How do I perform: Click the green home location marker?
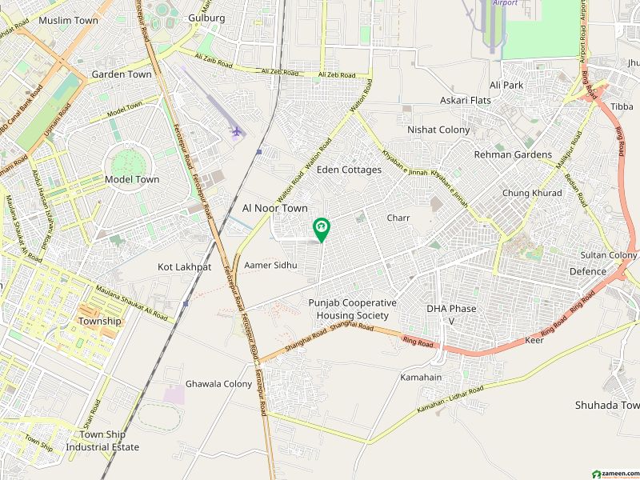click(x=322, y=230)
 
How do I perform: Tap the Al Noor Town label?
click(x=274, y=208)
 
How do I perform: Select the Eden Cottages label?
click(x=349, y=170)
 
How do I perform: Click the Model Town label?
click(x=132, y=180)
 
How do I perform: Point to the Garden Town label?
click(x=122, y=74)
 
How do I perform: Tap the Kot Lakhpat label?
click(x=184, y=267)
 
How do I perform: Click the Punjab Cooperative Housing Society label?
click(x=353, y=309)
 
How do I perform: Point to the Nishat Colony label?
click(x=438, y=130)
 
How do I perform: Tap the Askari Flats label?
click(x=465, y=101)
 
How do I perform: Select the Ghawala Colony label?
click(x=218, y=384)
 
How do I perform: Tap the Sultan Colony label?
click(x=609, y=255)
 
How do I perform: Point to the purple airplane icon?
click(x=235, y=131)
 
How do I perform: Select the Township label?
click(x=100, y=321)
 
